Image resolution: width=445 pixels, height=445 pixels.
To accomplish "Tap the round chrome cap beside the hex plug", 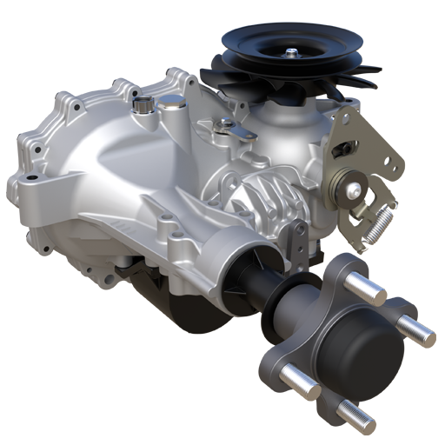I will point(170,104).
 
